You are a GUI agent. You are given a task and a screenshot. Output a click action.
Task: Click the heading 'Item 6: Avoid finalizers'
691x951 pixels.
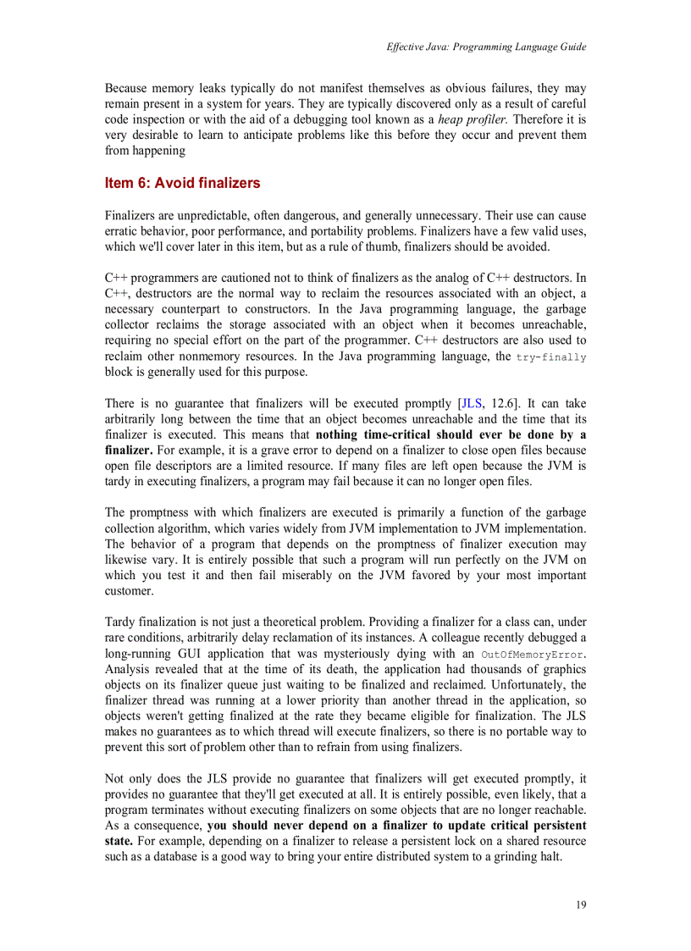182,183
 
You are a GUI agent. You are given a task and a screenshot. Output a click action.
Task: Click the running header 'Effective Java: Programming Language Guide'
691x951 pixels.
486,47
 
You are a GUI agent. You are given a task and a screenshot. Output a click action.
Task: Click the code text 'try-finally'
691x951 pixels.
550,358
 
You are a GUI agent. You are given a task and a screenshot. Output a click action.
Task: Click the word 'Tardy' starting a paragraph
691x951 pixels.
121,623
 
